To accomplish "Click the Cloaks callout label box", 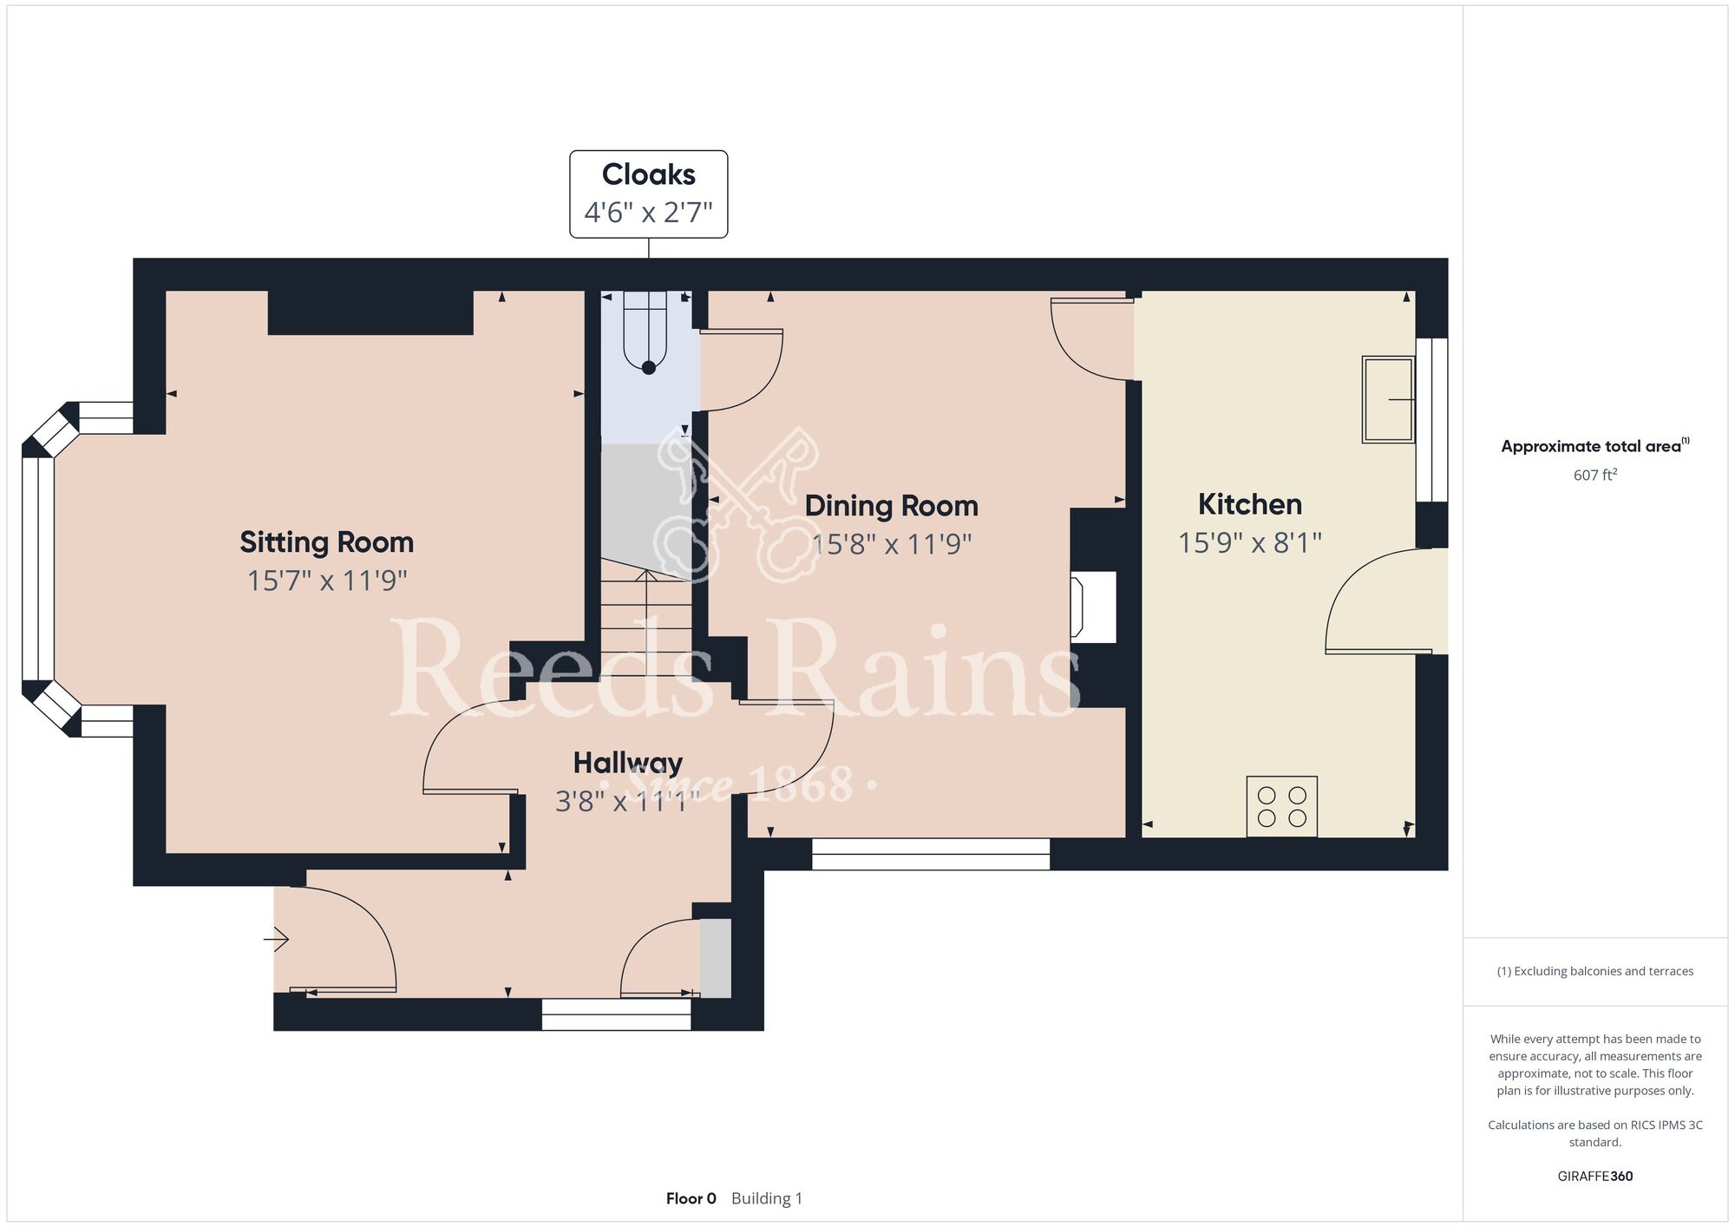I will point(648,194).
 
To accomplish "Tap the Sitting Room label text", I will point(326,542).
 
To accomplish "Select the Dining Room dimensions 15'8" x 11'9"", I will point(891,544).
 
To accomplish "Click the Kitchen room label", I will point(1249,504).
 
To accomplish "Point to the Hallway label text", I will point(627,763).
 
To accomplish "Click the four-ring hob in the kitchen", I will point(1281,806).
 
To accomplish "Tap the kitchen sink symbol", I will point(1387,399).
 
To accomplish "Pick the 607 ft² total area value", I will point(1594,475).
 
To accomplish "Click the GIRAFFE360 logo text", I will point(1594,1177).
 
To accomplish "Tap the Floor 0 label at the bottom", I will point(691,1198).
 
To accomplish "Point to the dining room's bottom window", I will point(930,854).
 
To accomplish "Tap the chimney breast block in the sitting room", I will point(370,312).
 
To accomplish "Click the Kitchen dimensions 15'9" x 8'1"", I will point(1249,543).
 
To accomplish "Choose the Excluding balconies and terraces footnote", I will point(1594,971).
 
